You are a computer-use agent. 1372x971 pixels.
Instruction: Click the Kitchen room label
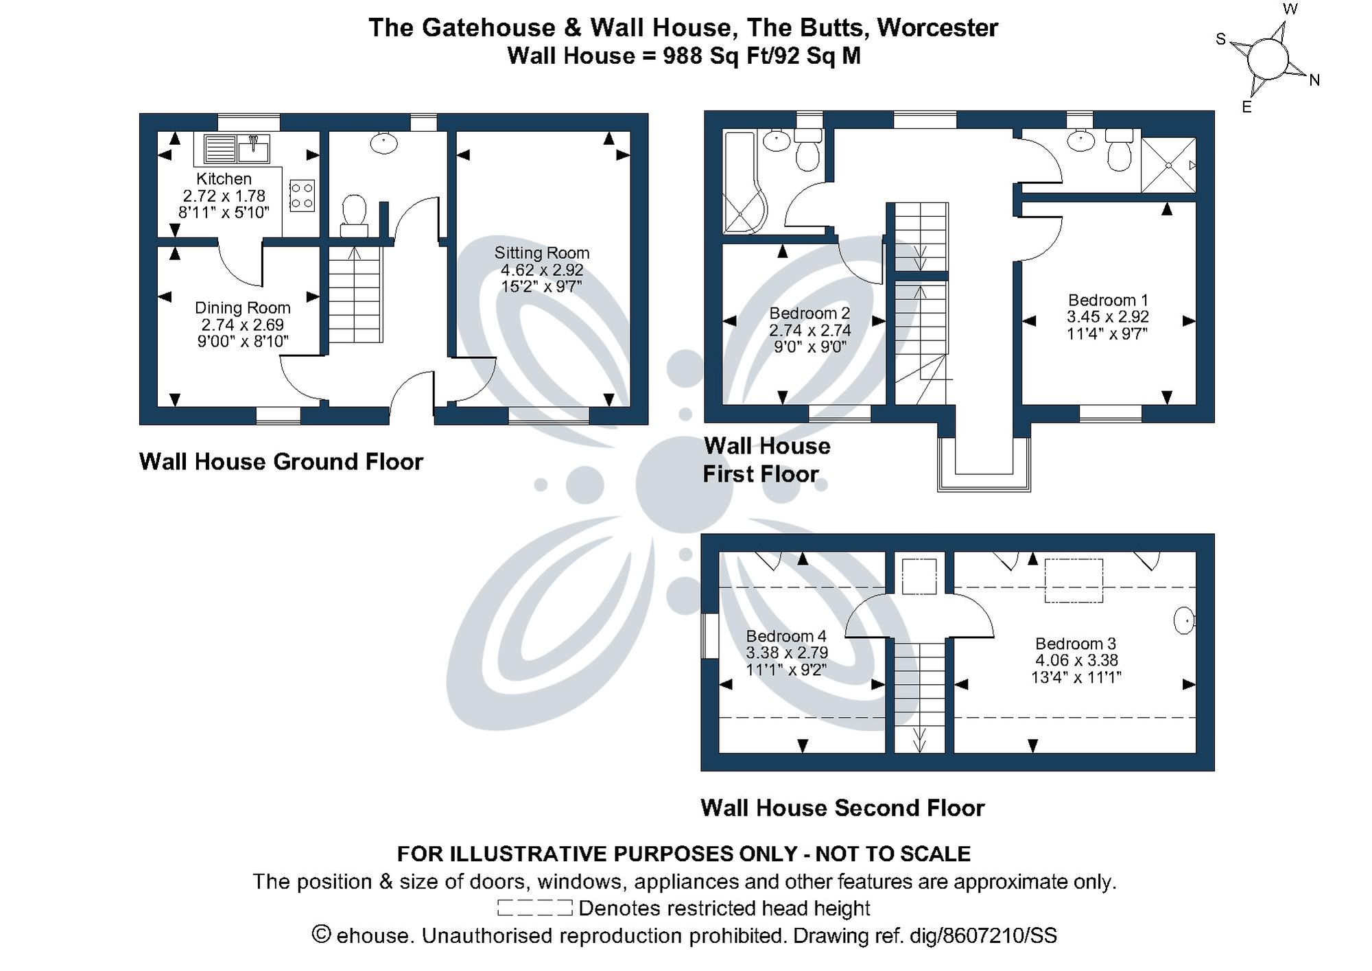click(224, 178)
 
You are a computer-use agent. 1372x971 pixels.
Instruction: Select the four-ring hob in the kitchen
click(303, 194)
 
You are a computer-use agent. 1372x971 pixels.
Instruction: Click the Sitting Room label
click(541, 253)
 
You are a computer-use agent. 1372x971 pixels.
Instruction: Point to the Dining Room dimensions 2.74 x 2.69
click(242, 325)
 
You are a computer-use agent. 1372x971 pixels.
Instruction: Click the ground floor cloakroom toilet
click(354, 212)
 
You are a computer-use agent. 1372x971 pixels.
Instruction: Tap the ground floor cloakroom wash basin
click(383, 143)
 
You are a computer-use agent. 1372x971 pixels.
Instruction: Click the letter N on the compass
click(1314, 80)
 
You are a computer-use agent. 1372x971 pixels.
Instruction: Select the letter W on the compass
click(1290, 10)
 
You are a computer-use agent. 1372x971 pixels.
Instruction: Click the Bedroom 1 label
click(1107, 300)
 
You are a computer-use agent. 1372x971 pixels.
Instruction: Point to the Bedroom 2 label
click(809, 313)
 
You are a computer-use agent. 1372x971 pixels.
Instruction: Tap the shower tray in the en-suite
click(1168, 165)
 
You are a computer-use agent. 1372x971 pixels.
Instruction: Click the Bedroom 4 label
click(786, 635)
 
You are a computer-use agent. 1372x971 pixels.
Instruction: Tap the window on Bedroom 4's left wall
click(710, 635)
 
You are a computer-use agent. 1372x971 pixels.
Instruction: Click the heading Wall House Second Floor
click(842, 808)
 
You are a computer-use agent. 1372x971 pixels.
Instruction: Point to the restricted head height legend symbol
click(534, 908)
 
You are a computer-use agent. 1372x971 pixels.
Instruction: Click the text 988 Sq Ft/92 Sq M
click(761, 56)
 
